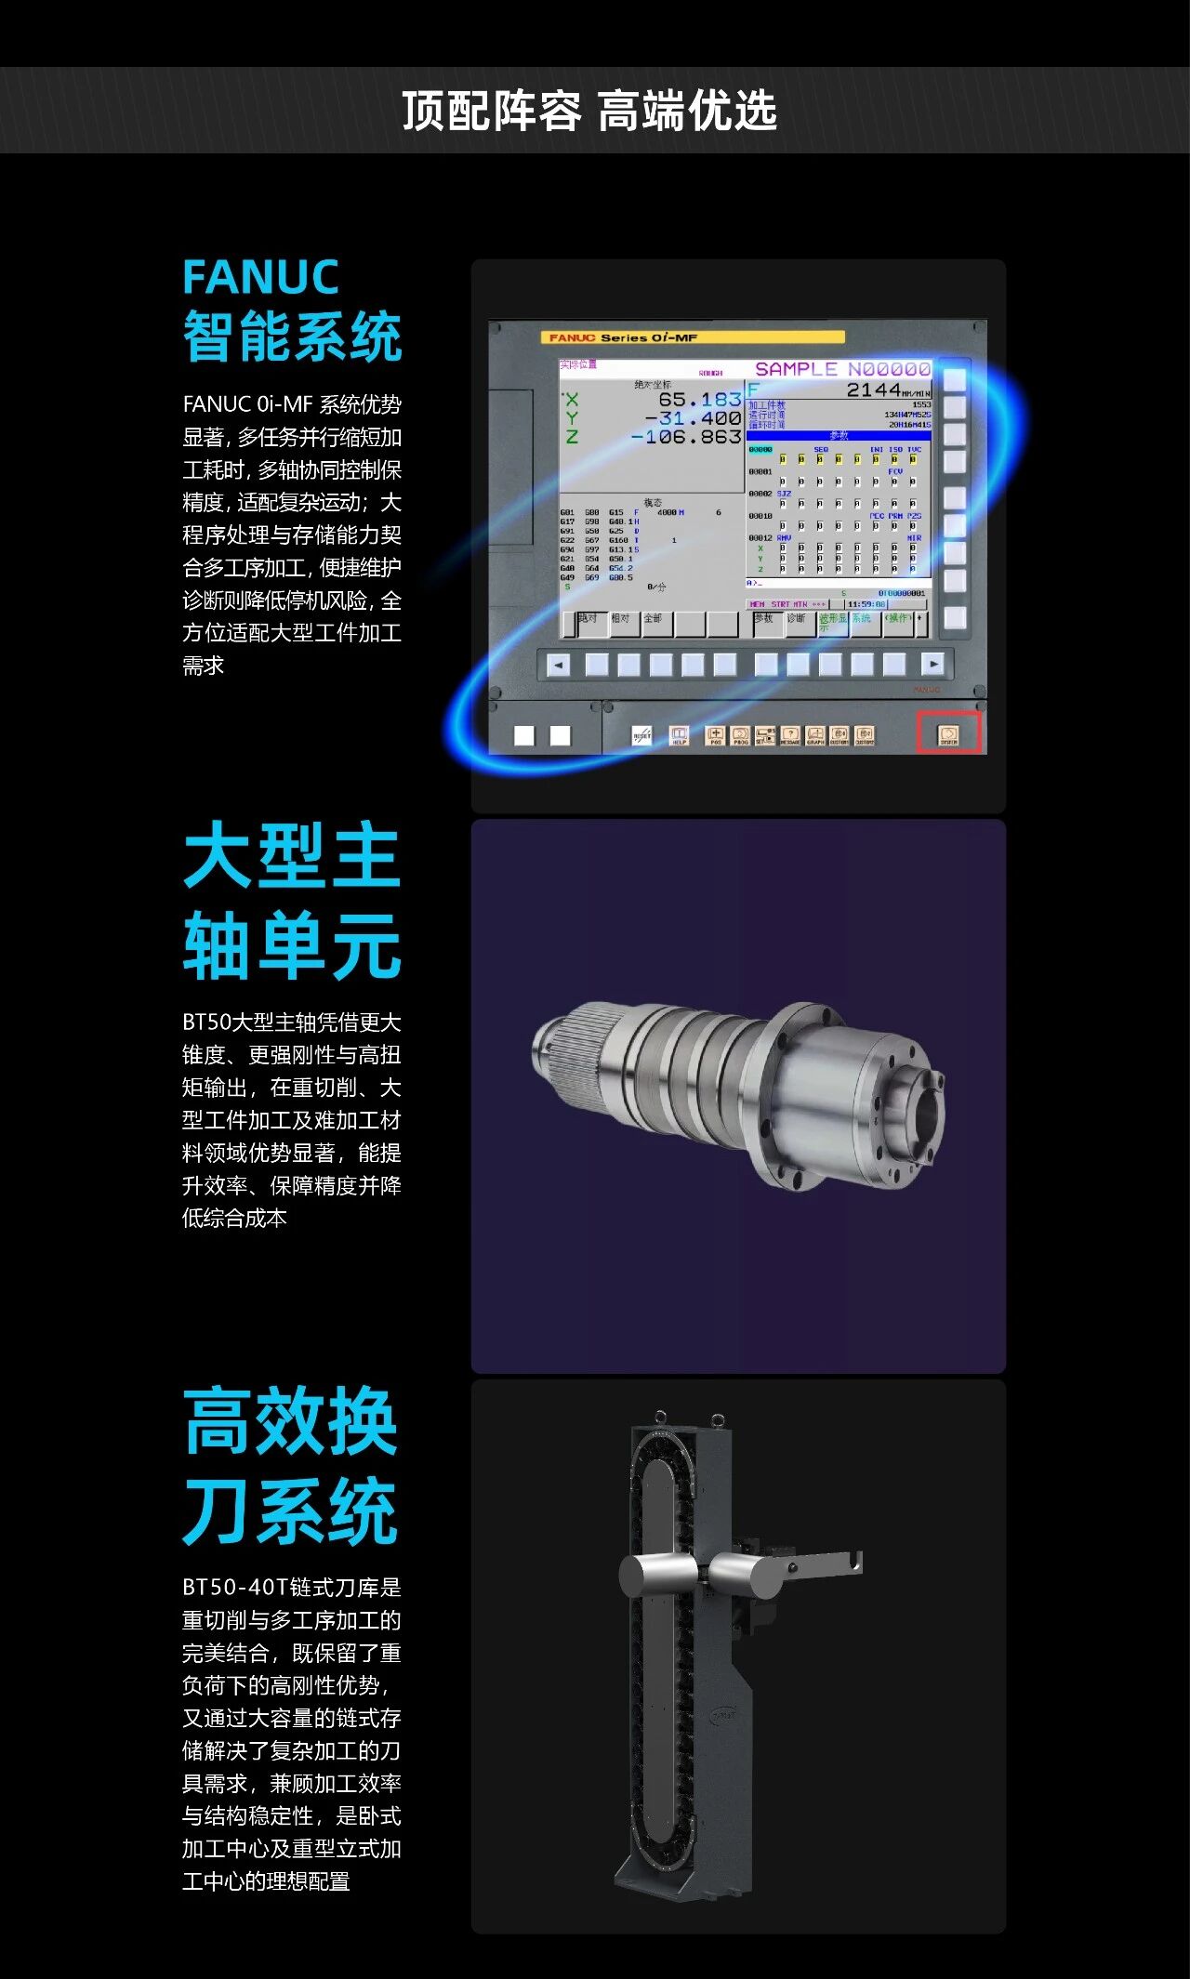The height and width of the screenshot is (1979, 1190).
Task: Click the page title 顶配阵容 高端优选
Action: pos(589,111)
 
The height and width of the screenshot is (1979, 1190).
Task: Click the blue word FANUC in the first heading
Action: pos(261,277)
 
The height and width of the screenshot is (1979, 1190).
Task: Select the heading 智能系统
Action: pos(292,336)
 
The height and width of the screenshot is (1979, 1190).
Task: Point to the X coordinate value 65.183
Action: pos(699,400)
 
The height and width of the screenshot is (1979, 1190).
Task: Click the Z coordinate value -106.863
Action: pos(686,437)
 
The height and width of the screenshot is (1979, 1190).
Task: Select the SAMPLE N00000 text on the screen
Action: pos(842,369)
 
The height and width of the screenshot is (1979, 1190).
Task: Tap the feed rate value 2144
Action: pos(873,390)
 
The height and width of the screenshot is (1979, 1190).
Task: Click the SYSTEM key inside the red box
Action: pos(948,734)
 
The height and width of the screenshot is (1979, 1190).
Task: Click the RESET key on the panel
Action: pos(641,735)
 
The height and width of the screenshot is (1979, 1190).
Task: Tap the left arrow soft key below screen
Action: pos(558,665)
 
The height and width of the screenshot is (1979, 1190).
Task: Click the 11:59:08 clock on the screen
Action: pos(866,604)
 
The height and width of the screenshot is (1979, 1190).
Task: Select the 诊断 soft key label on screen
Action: pos(797,619)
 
